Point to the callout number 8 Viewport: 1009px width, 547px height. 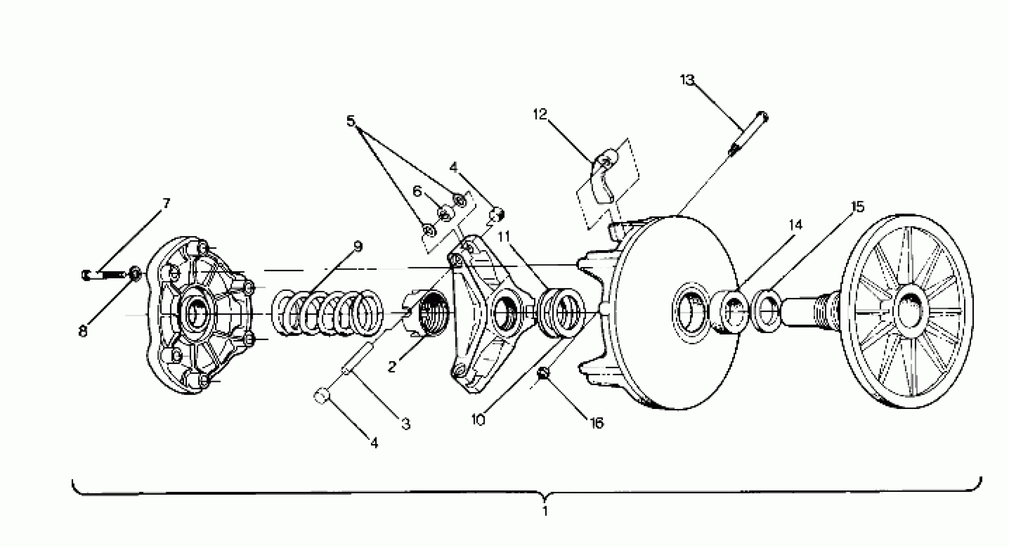pyautogui.click(x=83, y=331)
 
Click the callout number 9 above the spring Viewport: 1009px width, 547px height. pyautogui.click(x=357, y=246)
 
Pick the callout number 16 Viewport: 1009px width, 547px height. pyautogui.click(x=597, y=423)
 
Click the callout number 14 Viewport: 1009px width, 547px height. pyautogui.click(x=795, y=225)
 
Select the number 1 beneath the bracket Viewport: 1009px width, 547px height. pyautogui.click(x=545, y=511)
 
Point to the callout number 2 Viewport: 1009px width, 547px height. pyautogui.click(x=391, y=367)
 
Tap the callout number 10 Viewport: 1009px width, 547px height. pyautogui.click(x=478, y=420)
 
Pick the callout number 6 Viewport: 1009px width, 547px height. pyautogui.click(x=417, y=191)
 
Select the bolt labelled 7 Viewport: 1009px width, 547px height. pyautogui.click(x=106, y=275)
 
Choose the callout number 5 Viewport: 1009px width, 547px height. pyautogui.click(x=351, y=121)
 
